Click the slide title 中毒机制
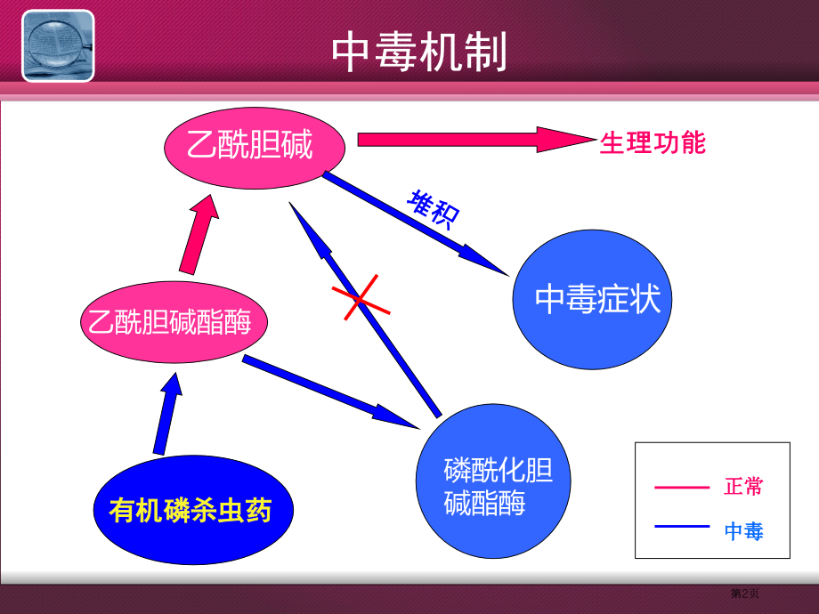419,53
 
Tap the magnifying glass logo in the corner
58,45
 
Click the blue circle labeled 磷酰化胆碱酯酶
486,488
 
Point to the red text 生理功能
653,142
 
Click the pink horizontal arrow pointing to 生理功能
472,140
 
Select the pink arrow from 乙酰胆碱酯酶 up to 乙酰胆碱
198,236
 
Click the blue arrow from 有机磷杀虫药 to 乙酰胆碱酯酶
166,415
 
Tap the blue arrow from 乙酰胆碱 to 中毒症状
414,222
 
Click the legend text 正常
743,487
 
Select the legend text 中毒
743,531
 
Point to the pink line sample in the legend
681,487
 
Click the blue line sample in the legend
681,528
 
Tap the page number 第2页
745,594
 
